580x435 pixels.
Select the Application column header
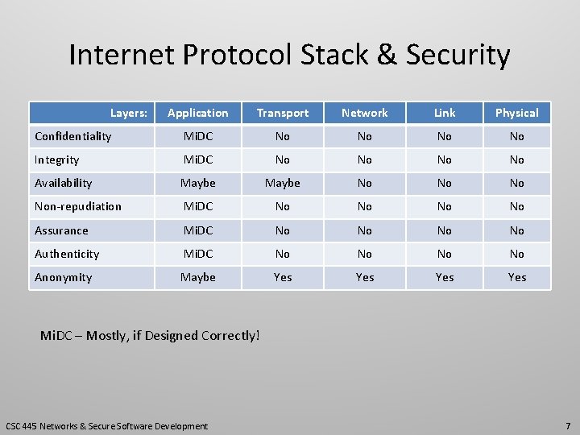(x=198, y=113)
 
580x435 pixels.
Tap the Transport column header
(x=282, y=113)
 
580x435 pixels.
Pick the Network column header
(x=365, y=113)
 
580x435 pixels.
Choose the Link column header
(x=445, y=113)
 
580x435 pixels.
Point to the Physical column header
(x=517, y=113)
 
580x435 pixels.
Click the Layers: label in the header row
(x=129, y=113)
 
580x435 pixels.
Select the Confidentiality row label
(x=73, y=136)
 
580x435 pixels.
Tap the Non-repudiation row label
(x=78, y=206)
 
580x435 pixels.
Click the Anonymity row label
(x=64, y=277)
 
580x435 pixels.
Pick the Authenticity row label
(x=67, y=254)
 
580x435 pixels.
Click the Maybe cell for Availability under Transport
(x=282, y=183)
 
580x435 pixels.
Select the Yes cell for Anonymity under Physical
(x=517, y=277)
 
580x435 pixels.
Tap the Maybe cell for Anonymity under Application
(x=198, y=277)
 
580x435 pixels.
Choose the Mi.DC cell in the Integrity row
(x=198, y=159)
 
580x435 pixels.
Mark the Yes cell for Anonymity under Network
(x=365, y=277)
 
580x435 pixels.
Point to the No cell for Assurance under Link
(x=445, y=230)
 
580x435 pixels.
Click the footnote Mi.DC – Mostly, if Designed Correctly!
(x=151, y=335)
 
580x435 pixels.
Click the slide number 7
(x=568, y=425)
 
